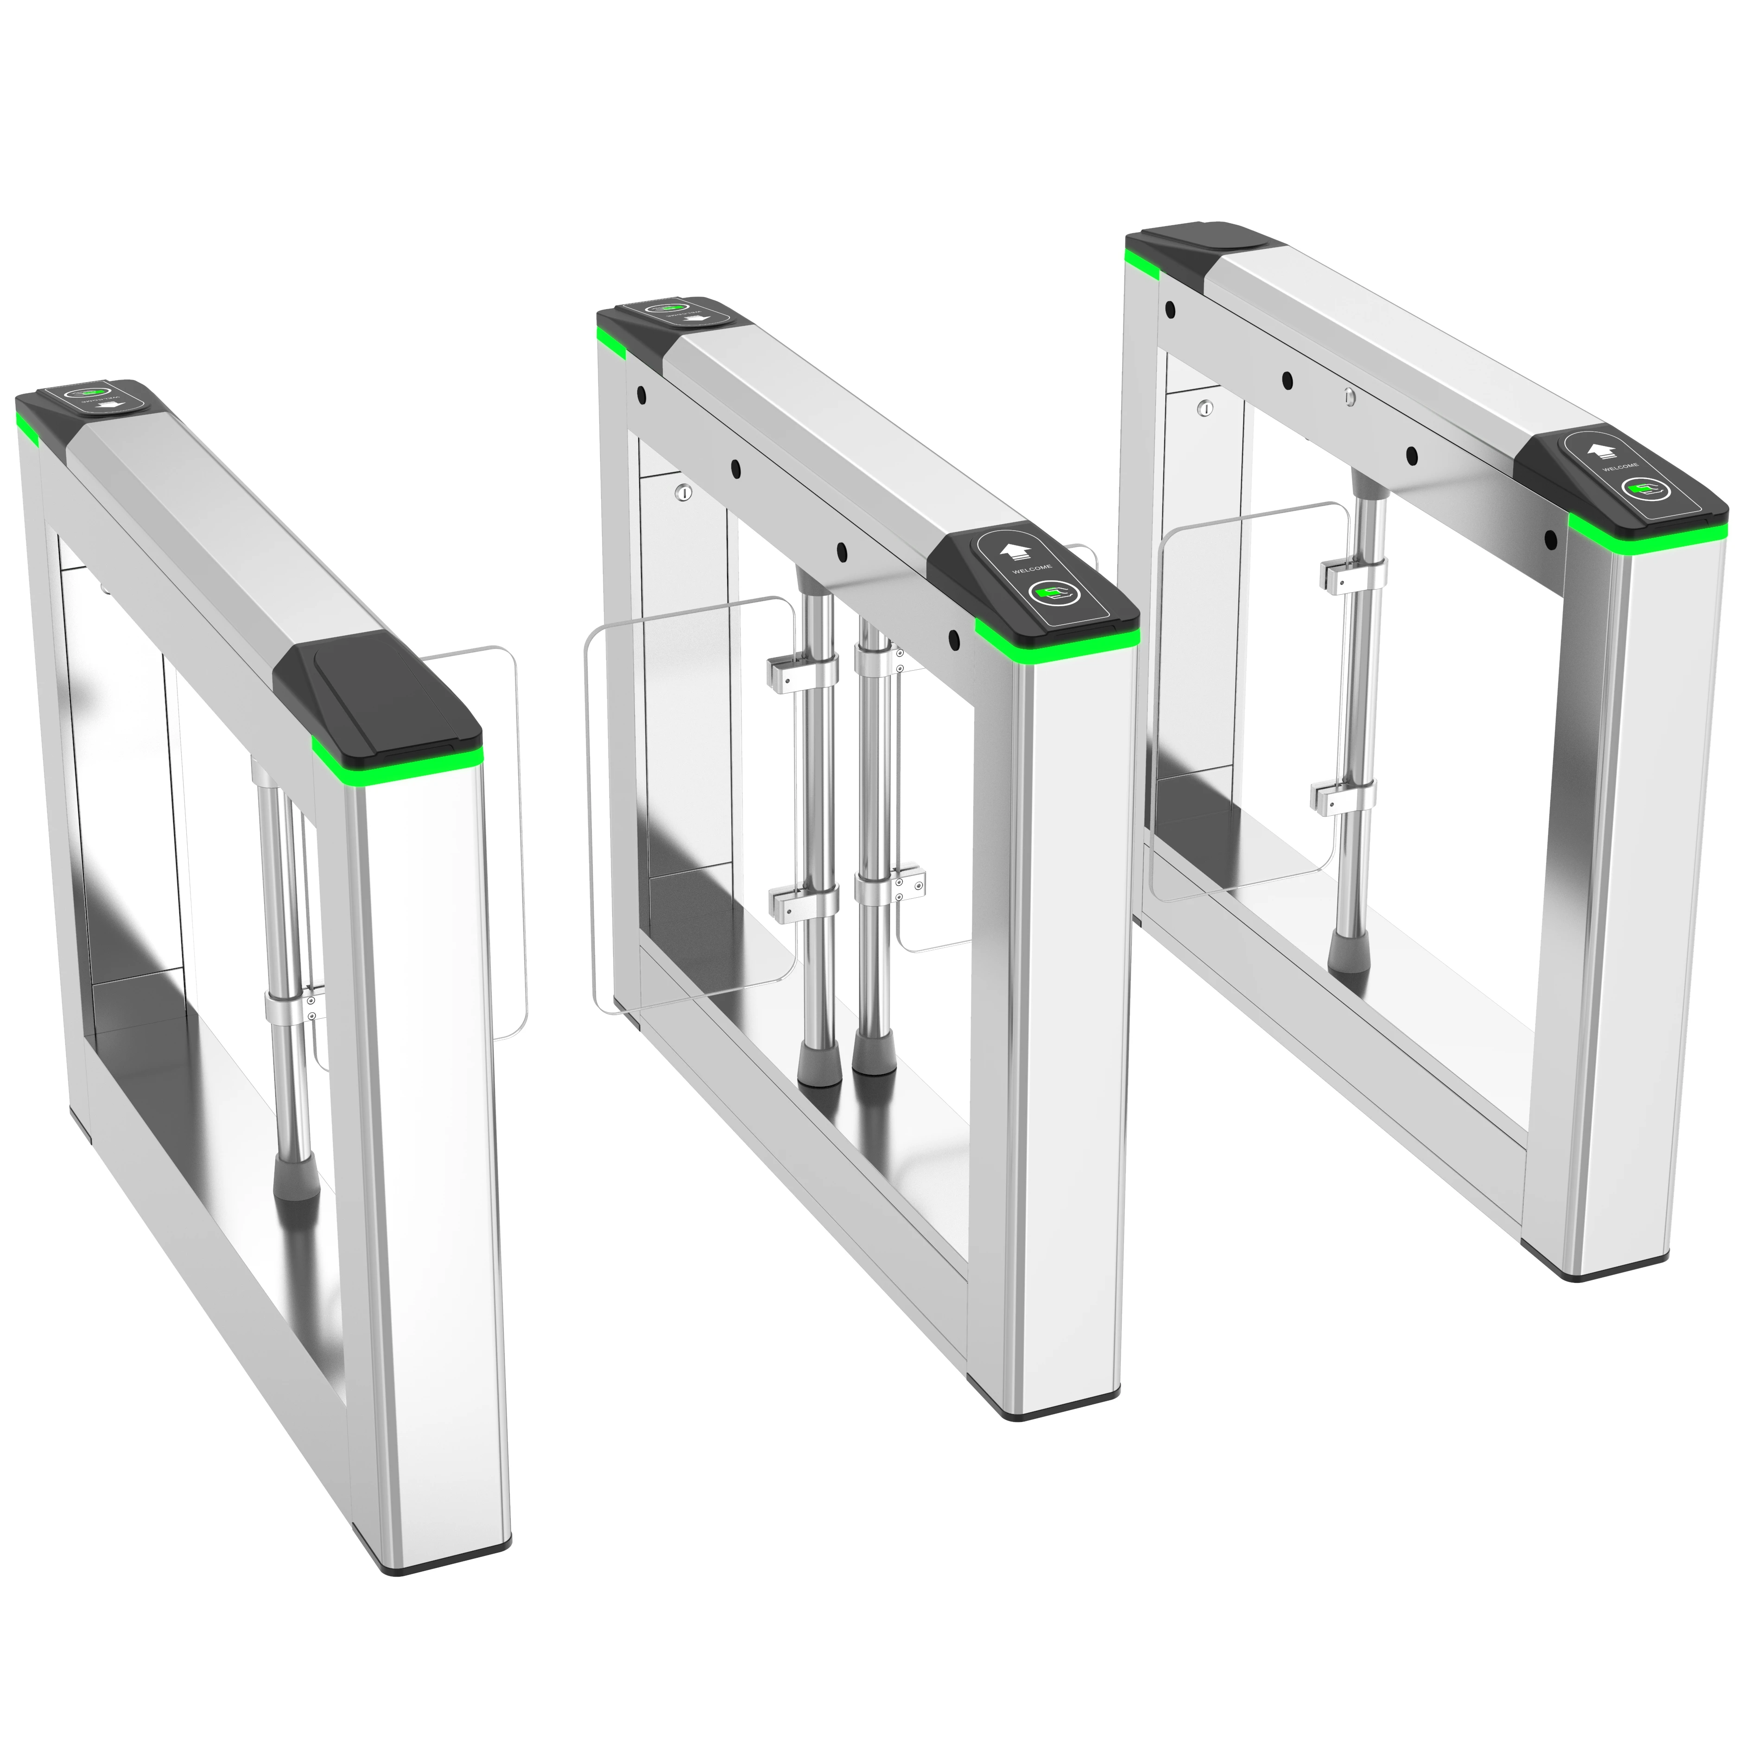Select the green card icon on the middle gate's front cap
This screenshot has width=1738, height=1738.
1049,593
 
